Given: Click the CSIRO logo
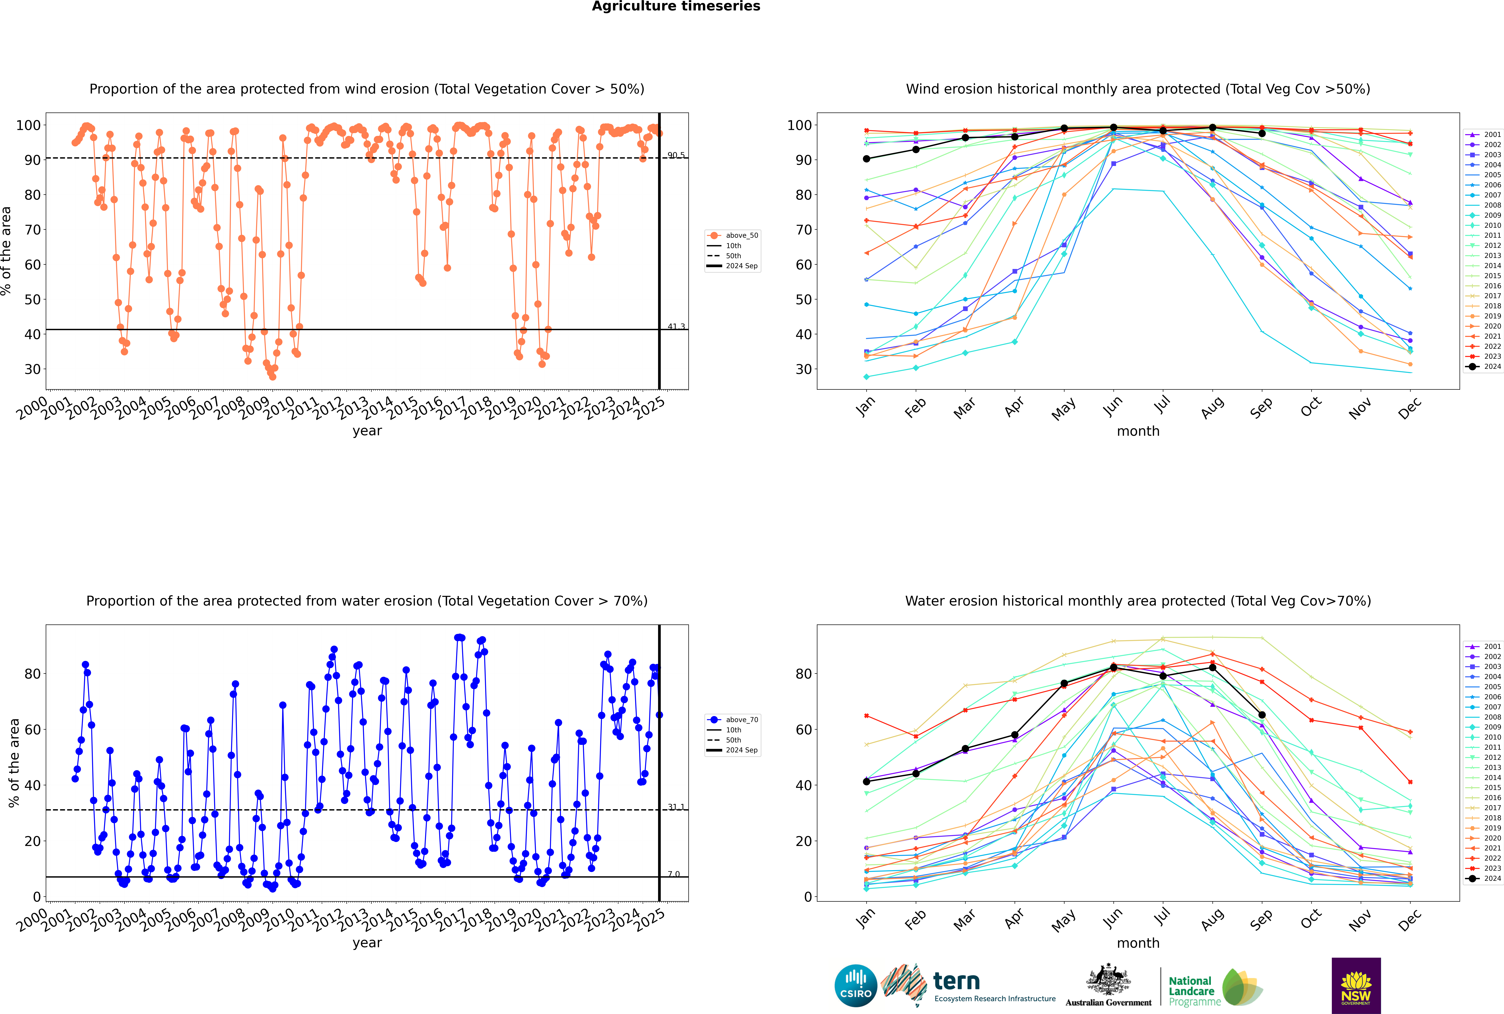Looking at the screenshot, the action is tap(855, 986).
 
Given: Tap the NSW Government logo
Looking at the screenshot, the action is tap(1356, 985).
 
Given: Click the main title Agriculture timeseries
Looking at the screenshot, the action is tap(676, 6).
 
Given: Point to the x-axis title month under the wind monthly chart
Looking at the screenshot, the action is tap(1138, 431).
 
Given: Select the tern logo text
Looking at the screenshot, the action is tap(956, 982).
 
